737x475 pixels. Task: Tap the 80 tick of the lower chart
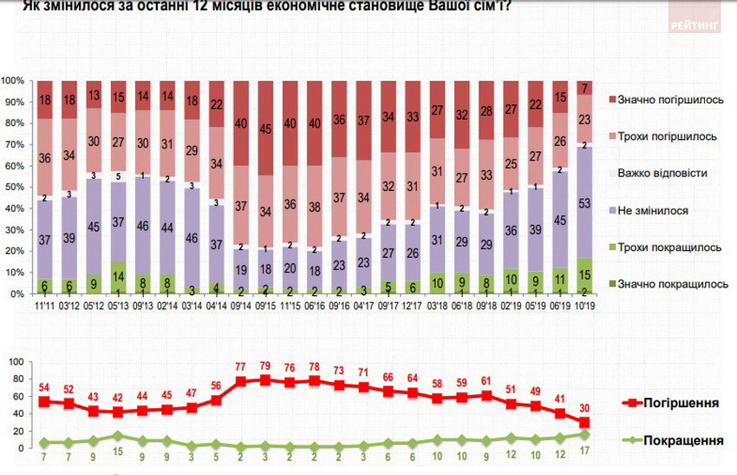point(16,378)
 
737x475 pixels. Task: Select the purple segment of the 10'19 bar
point(587,203)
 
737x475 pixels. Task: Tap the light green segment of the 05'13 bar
point(119,278)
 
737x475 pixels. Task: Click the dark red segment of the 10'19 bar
point(587,88)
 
